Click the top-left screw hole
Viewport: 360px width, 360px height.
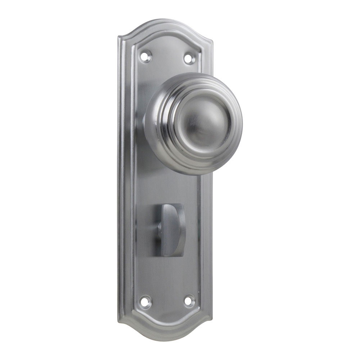[x=145, y=56]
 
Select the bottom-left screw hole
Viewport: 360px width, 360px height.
[x=145, y=302]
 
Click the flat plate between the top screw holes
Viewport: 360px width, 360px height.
[x=167, y=58]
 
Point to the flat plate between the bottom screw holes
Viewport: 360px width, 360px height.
[x=167, y=302]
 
